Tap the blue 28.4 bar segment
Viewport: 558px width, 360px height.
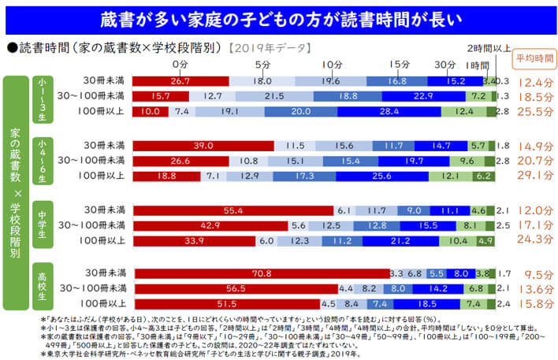[x=388, y=111]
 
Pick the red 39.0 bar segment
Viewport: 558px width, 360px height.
[x=203, y=146]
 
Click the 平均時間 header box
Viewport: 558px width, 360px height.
[x=534, y=58]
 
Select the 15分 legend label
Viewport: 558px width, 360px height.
[x=400, y=64]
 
